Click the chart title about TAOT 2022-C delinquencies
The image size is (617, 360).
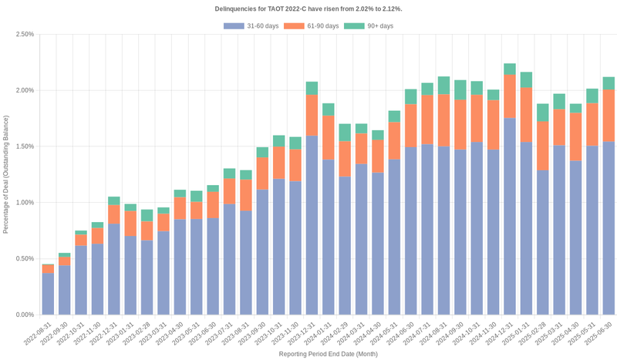coord(308,8)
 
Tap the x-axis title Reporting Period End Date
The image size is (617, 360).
coord(328,354)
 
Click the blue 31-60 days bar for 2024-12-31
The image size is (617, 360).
coord(509,216)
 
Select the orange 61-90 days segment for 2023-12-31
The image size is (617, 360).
coord(312,116)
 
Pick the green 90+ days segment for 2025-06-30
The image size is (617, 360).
coord(608,83)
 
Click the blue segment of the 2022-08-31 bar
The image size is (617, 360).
coord(48,294)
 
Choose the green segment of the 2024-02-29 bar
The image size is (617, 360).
coord(345,133)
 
